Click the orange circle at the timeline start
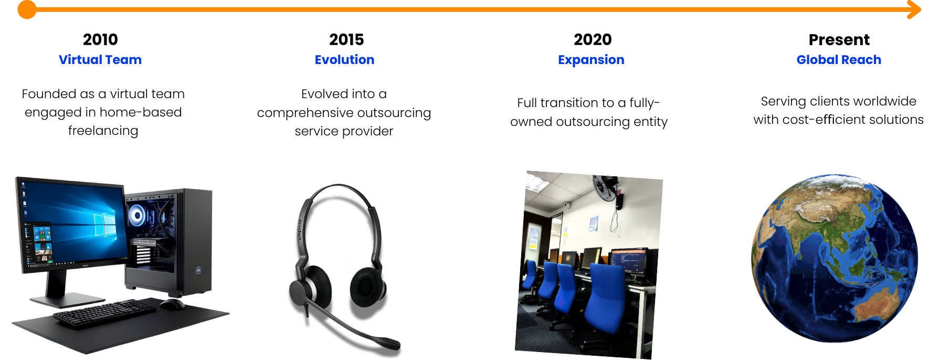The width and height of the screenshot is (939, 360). pyautogui.click(x=27, y=9)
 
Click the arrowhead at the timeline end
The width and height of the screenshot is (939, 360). pyautogui.click(x=915, y=9)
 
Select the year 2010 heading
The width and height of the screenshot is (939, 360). pyautogui.click(x=100, y=39)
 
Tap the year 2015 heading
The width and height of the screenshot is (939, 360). pyautogui.click(x=346, y=39)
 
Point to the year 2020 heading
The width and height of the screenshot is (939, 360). pyautogui.click(x=593, y=39)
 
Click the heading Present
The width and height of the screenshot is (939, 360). pyautogui.click(x=839, y=39)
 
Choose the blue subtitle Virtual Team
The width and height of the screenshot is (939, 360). pyautogui.click(x=100, y=60)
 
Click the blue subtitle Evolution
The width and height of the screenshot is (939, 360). pyautogui.click(x=344, y=60)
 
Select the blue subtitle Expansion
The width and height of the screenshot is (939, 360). pyautogui.click(x=591, y=60)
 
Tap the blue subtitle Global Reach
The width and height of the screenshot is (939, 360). pyautogui.click(x=839, y=60)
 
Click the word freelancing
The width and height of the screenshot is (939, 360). pyautogui.click(x=103, y=131)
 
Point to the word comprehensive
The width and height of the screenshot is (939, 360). pyautogui.click(x=305, y=113)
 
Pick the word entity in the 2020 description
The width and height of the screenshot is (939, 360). pyautogui.click(x=650, y=122)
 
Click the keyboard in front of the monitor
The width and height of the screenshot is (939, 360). pyautogui.click(x=105, y=313)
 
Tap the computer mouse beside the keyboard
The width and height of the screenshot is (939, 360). pyautogui.click(x=172, y=304)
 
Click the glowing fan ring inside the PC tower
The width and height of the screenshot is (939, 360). pyautogui.click(x=138, y=215)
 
